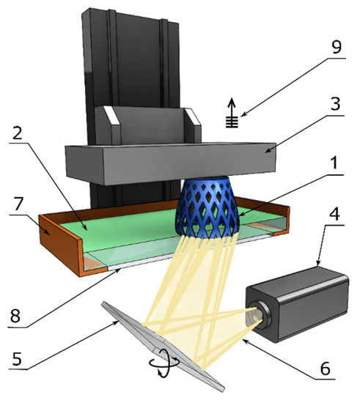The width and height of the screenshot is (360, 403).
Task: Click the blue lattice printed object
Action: coord(207,209)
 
